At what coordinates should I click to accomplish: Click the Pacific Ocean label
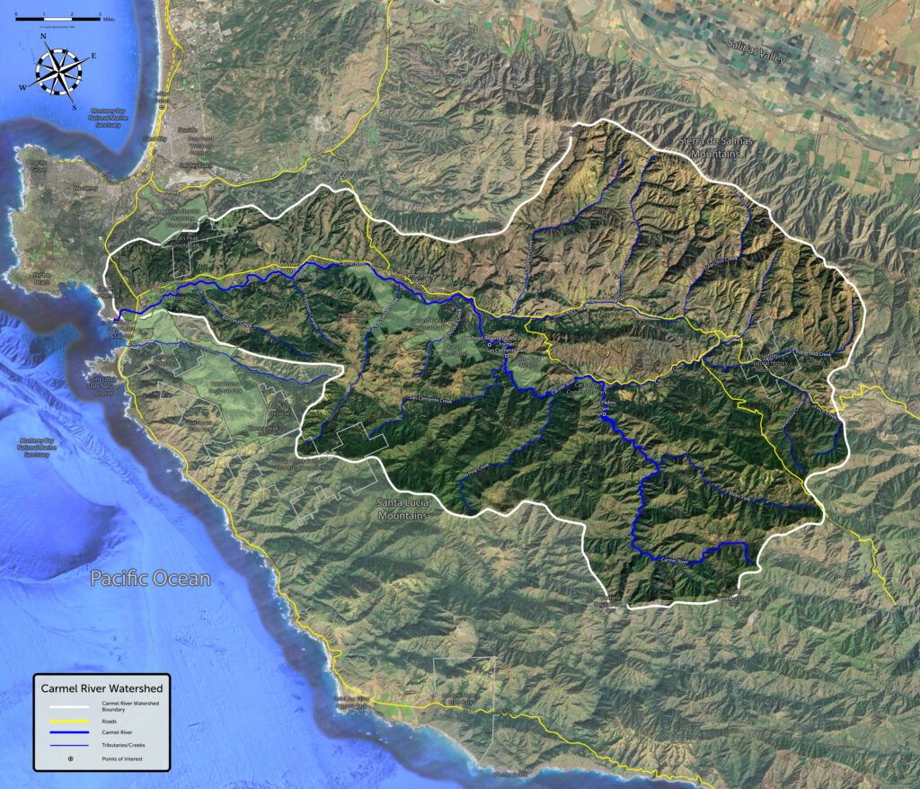tap(150, 579)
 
